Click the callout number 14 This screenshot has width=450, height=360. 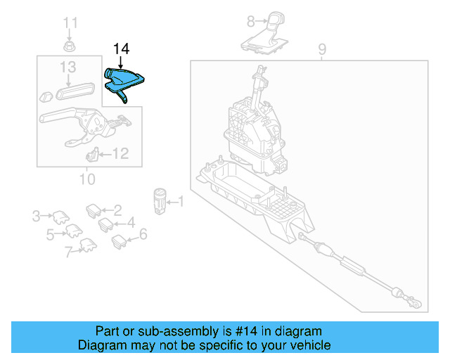point(121,49)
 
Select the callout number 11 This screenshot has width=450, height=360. point(70,24)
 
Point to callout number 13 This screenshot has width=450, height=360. point(67,67)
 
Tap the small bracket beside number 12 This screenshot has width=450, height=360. point(92,155)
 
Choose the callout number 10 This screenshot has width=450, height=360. point(86,179)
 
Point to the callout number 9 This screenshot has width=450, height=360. point(322,49)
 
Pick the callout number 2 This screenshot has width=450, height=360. point(117,209)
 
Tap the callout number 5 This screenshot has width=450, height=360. point(50,234)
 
